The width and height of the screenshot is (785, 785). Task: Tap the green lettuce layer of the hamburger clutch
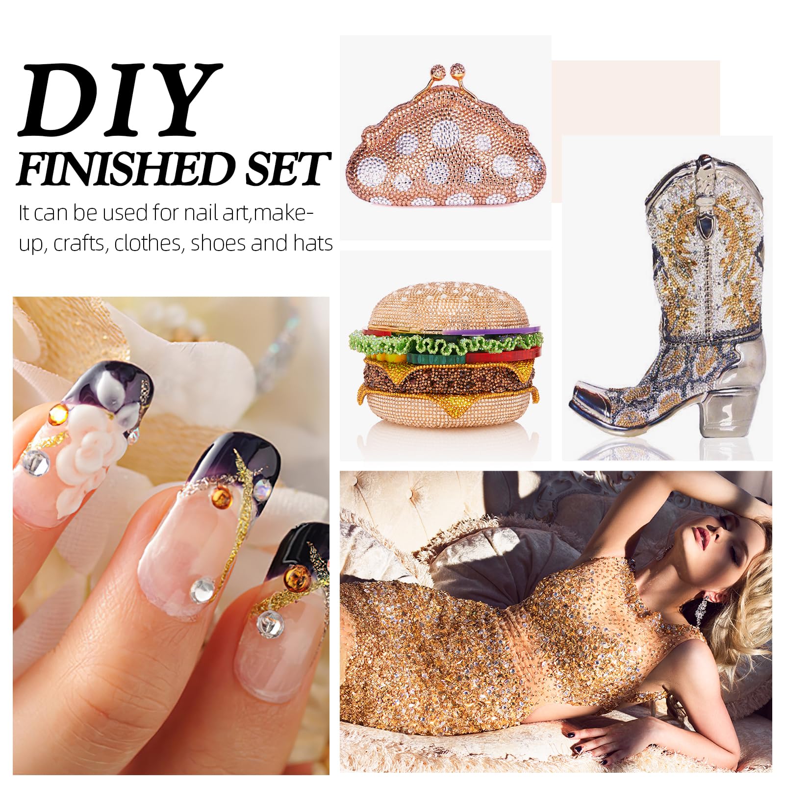[446, 343]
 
